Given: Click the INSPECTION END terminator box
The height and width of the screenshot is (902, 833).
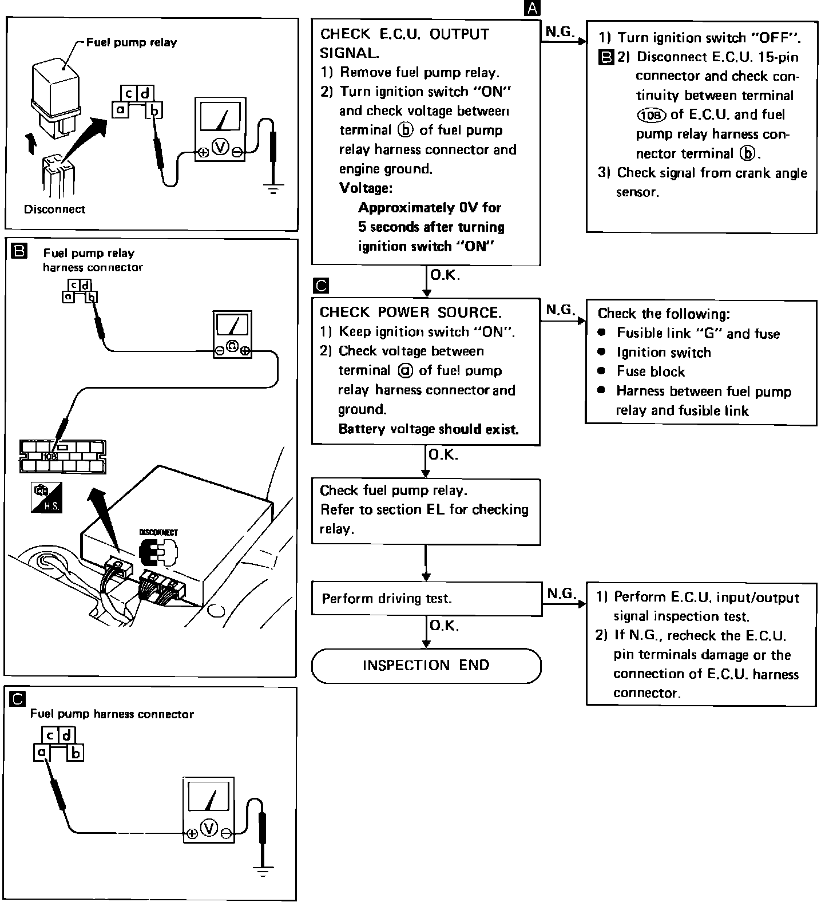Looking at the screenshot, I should pyautogui.click(x=426, y=666).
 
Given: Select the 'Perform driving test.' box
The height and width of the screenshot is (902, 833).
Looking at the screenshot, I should pyautogui.click(x=426, y=599).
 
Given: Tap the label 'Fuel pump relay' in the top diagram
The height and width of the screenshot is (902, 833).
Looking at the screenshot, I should pyautogui.click(x=132, y=42).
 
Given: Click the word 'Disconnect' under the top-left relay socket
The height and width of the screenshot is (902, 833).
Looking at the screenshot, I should pyautogui.click(x=54, y=209).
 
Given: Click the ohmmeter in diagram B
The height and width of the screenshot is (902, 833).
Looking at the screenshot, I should pyautogui.click(x=232, y=334).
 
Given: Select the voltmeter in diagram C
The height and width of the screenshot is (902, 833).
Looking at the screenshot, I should pyautogui.click(x=208, y=809).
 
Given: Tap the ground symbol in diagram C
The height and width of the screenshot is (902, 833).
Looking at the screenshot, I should pyautogui.click(x=263, y=872).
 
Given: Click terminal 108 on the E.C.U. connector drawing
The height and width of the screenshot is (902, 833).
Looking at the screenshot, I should pyautogui.click(x=50, y=456).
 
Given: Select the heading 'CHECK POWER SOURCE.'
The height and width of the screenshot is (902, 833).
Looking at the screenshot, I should pyautogui.click(x=410, y=312).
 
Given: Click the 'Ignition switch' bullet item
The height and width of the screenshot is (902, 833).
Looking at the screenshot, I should pyautogui.click(x=664, y=353).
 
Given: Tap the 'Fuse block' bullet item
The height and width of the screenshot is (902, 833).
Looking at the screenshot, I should pyautogui.click(x=650, y=372).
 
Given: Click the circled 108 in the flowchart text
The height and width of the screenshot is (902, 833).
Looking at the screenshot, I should pyautogui.click(x=651, y=115).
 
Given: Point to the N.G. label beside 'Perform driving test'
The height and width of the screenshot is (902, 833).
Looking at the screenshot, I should pyautogui.click(x=561, y=594).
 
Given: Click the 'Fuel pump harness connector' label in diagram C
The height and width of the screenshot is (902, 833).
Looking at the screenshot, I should pyautogui.click(x=112, y=714).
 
